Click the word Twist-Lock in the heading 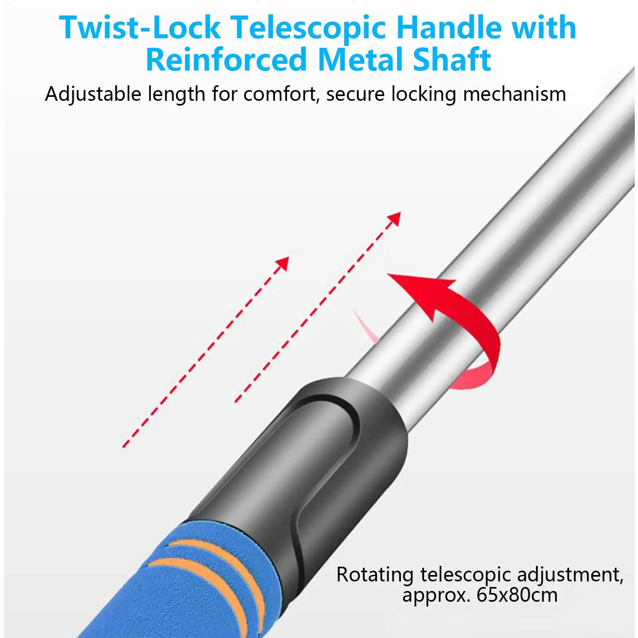140,28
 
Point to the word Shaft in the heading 452,60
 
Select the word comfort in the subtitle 281,95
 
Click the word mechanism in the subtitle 514,95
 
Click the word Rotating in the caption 375,575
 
